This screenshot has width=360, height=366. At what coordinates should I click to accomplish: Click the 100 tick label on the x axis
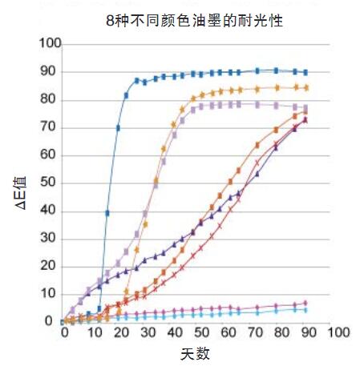pyautogui.click(x=339, y=332)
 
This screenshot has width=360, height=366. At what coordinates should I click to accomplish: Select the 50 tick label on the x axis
pyautogui.click(x=200, y=332)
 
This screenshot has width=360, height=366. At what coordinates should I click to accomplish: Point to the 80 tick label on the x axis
pyautogui.click(x=284, y=332)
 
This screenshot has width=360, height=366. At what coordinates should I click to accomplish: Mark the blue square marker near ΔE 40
pyautogui.click(x=107, y=213)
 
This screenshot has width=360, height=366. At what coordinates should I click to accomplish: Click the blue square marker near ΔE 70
pyautogui.click(x=118, y=127)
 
